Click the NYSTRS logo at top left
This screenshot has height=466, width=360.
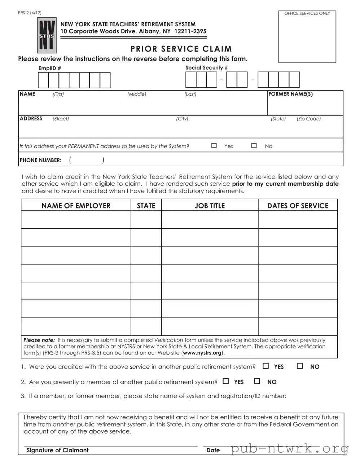[47, 36]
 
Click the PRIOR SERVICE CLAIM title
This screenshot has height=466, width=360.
[181, 49]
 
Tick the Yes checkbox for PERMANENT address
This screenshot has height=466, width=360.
[214, 146]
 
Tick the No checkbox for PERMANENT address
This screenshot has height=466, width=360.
[254, 146]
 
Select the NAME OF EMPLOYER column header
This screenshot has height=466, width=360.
[76, 206]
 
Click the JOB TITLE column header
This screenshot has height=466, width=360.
[210, 206]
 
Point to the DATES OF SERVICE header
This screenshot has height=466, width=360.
[298, 206]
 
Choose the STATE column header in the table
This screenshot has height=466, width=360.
[146, 206]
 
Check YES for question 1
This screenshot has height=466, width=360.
[266, 366]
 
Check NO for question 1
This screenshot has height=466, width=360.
[300, 366]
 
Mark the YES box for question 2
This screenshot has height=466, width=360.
[226, 381]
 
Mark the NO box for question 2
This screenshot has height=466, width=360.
[257, 381]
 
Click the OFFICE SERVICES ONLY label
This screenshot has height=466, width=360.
[307, 13]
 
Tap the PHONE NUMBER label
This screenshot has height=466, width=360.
[40, 160]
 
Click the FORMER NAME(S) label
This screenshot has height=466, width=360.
[291, 94]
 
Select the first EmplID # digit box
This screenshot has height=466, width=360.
[43, 80]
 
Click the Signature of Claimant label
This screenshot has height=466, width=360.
[57, 450]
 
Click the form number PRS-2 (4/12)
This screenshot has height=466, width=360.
[30, 13]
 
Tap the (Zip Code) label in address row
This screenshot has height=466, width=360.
[308, 119]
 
